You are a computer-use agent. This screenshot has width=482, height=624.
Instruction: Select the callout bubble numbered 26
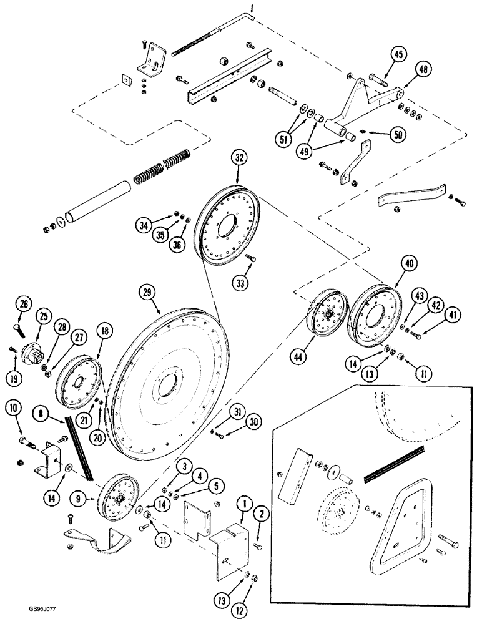point(24,304)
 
